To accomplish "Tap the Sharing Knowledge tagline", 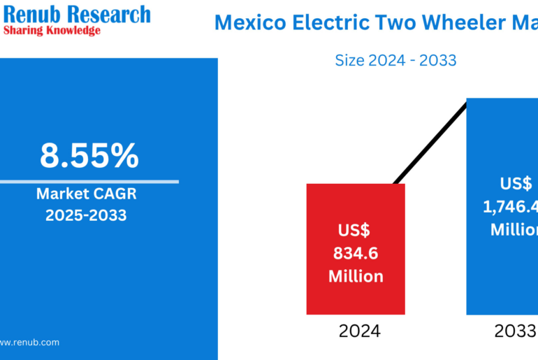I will point(52,31).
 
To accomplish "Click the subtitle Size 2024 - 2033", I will point(395,60).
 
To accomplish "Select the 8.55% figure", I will point(89,156).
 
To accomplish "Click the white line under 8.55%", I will point(89,182).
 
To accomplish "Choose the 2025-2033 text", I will point(86,215).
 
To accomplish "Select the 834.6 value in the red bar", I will point(356,252).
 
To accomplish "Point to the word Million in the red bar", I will point(356,276).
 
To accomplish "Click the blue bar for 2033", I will point(502,280).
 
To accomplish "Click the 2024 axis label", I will point(359,331).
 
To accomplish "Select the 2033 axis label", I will point(514,331).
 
